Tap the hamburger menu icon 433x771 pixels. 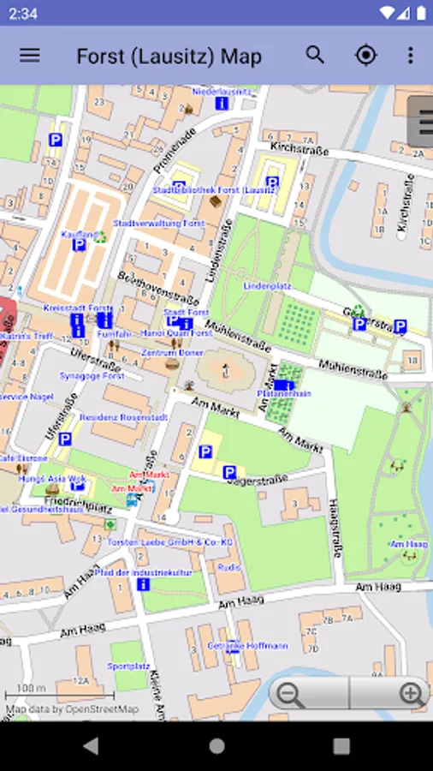(30, 56)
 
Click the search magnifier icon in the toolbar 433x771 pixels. (315, 56)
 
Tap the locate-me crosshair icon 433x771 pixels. (365, 56)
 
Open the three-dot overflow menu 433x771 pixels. (411, 56)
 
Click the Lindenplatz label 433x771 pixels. (268, 285)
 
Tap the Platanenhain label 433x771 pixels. (283, 394)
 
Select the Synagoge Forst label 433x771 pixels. (92, 376)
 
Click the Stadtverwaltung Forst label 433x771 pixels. (159, 223)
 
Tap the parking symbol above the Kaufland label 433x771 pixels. (56, 139)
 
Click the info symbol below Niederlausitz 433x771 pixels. (221, 103)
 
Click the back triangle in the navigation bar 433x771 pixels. (92, 745)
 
